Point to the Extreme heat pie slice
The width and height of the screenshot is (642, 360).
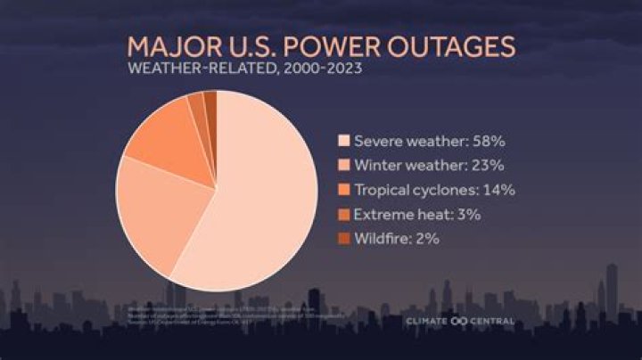point(199,108)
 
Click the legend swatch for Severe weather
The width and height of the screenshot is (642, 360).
point(343,141)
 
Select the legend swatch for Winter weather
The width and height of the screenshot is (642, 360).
point(343,165)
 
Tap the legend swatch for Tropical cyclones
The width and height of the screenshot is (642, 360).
point(343,189)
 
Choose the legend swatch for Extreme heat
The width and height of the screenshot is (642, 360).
point(343,214)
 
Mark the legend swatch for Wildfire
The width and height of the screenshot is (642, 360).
point(343,238)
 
